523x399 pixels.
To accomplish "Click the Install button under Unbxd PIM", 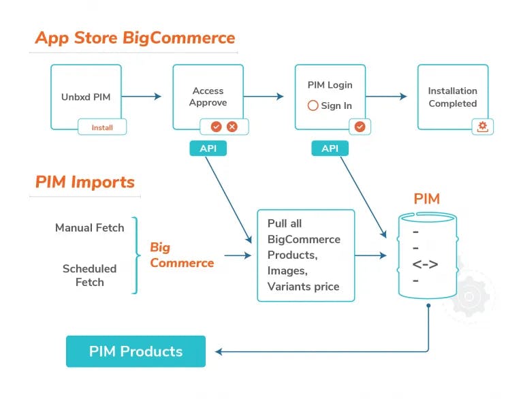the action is click(x=102, y=127).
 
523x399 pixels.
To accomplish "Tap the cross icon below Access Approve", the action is click(x=232, y=127).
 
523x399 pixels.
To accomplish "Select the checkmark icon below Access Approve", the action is click(x=216, y=127).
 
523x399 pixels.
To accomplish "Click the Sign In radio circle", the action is click(x=313, y=106).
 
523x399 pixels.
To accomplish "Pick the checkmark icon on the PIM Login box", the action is click(x=360, y=127).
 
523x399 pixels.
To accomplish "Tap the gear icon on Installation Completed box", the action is click(x=483, y=127).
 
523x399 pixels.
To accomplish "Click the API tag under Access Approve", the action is click(x=208, y=148).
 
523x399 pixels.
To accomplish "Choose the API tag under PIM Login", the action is click(x=330, y=148).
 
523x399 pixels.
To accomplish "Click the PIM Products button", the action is click(x=136, y=351).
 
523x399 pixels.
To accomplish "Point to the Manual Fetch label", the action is click(x=89, y=227).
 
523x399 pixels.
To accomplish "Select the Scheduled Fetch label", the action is click(x=89, y=275).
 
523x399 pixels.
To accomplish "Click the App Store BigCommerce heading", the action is click(x=135, y=37).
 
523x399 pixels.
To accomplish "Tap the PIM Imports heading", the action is click(x=85, y=182).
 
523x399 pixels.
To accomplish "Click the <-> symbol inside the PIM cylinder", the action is click(x=425, y=264).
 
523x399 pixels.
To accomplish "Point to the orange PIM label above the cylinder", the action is click(x=426, y=199).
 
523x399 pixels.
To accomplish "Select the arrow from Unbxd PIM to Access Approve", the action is click(x=141, y=97).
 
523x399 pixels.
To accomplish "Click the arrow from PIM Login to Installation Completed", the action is click(x=386, y=97).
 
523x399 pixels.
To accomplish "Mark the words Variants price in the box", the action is click(x=303, y=286).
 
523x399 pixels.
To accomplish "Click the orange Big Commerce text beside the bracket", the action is click(x=182, y=255).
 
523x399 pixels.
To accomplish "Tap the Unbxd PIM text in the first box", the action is click(x=86, y=97).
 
